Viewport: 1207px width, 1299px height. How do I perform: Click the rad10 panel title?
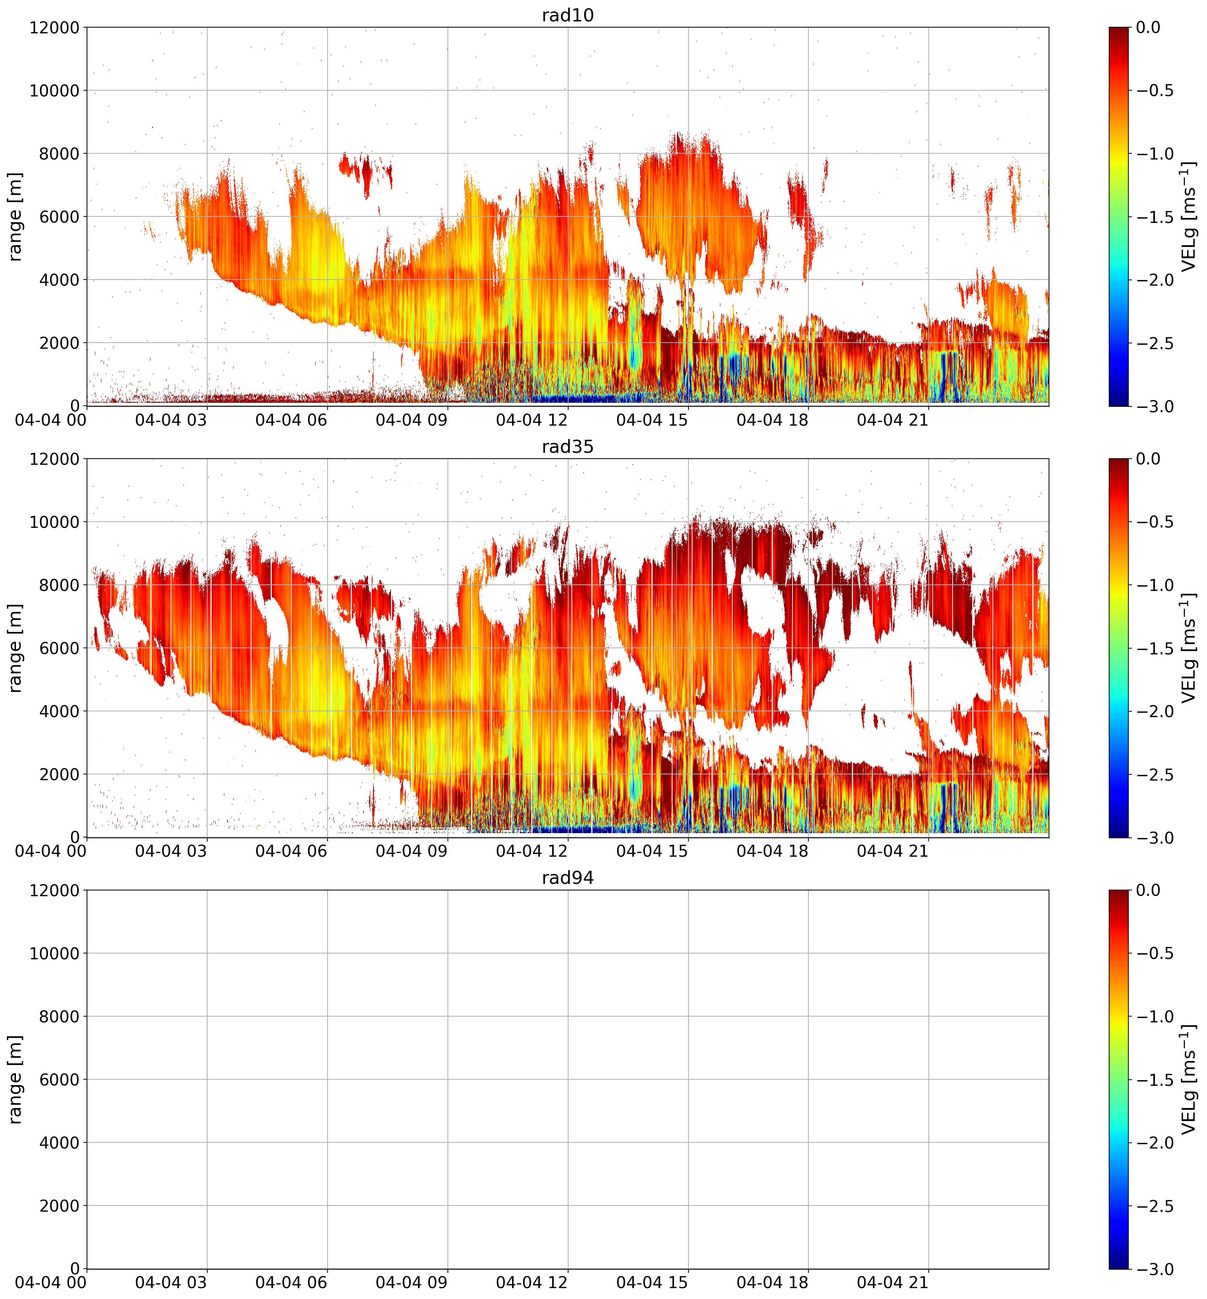(567, 15)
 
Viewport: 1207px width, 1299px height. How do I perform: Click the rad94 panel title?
(567, 878)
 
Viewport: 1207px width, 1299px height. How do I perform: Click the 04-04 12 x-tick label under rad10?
(532, 420)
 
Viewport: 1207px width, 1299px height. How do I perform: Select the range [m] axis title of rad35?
(15, 648)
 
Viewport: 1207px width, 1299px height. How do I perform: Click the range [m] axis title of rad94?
(15, 1079)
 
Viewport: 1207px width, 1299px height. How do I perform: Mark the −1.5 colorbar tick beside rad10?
(1155, 217)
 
